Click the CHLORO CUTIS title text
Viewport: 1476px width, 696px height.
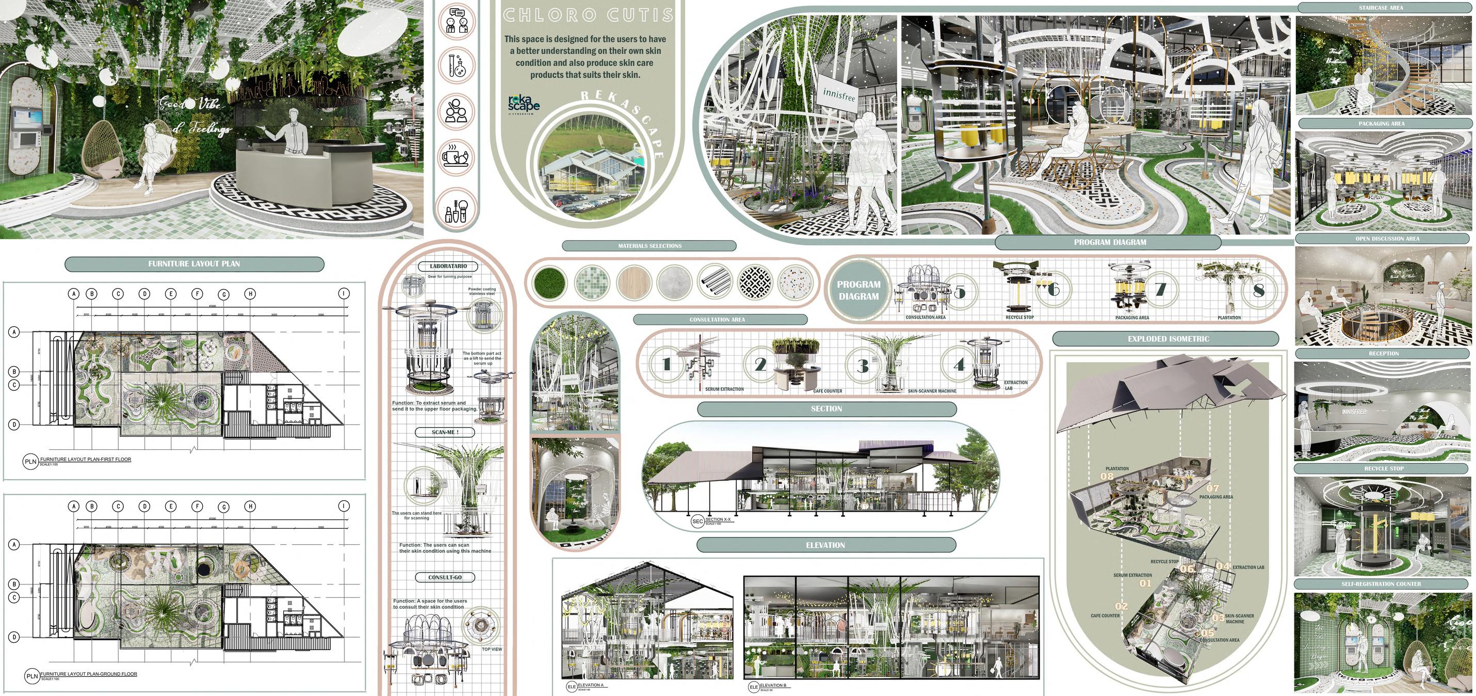click(x=588, y=15)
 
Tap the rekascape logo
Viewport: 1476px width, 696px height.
click(x=523, y=103)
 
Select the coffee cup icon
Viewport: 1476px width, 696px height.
click(x=457, y=156)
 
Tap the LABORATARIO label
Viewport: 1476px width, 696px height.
click(x=449, y=266)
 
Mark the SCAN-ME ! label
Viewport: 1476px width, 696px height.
click(x=445, y=432)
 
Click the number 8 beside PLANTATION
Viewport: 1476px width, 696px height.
click(x=1258, y=291)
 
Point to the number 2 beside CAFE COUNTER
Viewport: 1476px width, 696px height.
click(x=760, y=364)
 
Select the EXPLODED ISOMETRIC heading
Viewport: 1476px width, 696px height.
click(x=1169, y=339)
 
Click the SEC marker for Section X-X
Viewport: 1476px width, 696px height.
click(x=698, y=521)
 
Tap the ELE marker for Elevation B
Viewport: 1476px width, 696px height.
click(x=753, y=687)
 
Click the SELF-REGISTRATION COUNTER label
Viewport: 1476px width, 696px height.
click(x=1381, y=584)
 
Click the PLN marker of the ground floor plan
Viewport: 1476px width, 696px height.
click(x=31, y=676)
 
